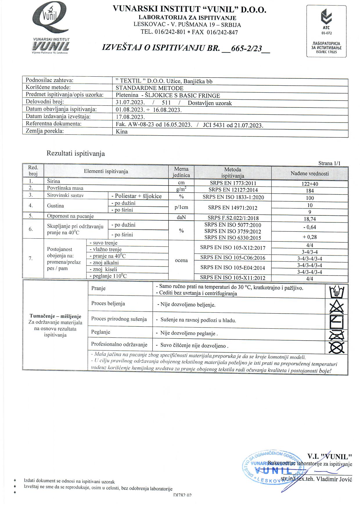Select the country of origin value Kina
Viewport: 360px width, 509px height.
click(x=122, y=132)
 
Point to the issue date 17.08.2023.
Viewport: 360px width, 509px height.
click(x=130, y=117)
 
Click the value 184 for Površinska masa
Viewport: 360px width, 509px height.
click(x=310, y=191)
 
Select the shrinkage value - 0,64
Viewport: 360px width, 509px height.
click(x=309, y=227)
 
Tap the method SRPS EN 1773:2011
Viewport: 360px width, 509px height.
click(x=233, y=183)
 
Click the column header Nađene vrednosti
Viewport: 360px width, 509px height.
click(x=309, y=174)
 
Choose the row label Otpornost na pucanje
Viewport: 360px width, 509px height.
click(x=70, y=216)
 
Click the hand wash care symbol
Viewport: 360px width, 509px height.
click(x=337, y=292)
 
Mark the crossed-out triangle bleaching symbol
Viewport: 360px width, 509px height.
click(x=337, y=306)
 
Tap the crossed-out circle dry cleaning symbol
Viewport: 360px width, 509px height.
click(x=337, y=348)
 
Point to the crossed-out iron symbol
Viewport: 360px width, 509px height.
click(x=337, y=335)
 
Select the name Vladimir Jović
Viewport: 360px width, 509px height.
click(x=334, y=479)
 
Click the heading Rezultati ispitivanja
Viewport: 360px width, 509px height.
click(x=75, y=154)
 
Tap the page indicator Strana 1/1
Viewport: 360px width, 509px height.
click(x=329, y=163)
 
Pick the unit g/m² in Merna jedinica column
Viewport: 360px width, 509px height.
click(x=181, y=190)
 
